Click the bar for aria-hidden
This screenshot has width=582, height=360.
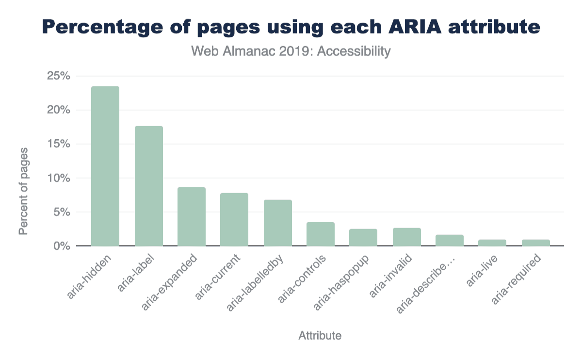[x=105, y=166]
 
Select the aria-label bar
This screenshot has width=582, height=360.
[x=149, y=186]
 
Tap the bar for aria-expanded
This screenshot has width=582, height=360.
[x=192, y=216]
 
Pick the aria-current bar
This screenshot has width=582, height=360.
[x=234, y=219]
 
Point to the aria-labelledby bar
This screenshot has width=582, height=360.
[x=278, y=223]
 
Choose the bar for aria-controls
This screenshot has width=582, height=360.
[x=321, y=234]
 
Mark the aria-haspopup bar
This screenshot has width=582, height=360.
[x=363, y=237]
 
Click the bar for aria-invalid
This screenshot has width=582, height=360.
[x=407, y=237]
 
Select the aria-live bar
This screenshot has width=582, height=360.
[x=492, y=243]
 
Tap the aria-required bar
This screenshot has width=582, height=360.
[x=536, y=243]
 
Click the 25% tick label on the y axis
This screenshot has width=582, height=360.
[x=59, y=76]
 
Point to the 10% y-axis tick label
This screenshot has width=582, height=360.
[x=59, y=178]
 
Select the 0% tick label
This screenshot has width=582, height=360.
[x=62, y=246]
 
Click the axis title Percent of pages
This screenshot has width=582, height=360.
[x=23, y=192]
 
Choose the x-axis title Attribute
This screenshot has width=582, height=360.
[x=320, y=335]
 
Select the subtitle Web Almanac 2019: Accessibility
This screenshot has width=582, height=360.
[x=291, y=51]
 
